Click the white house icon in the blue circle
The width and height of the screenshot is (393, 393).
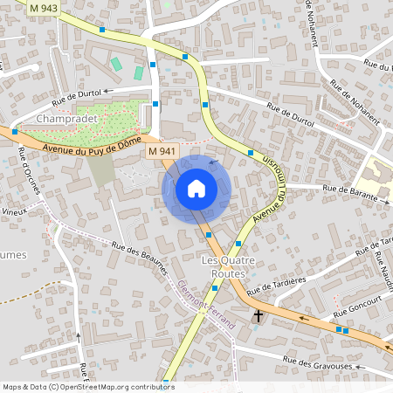click(x=196, y=189)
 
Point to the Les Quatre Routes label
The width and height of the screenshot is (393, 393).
click(x=224, y=267)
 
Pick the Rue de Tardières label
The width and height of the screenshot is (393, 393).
click(x=276, y=285)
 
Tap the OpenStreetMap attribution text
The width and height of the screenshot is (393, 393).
click(x=87, y=387)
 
